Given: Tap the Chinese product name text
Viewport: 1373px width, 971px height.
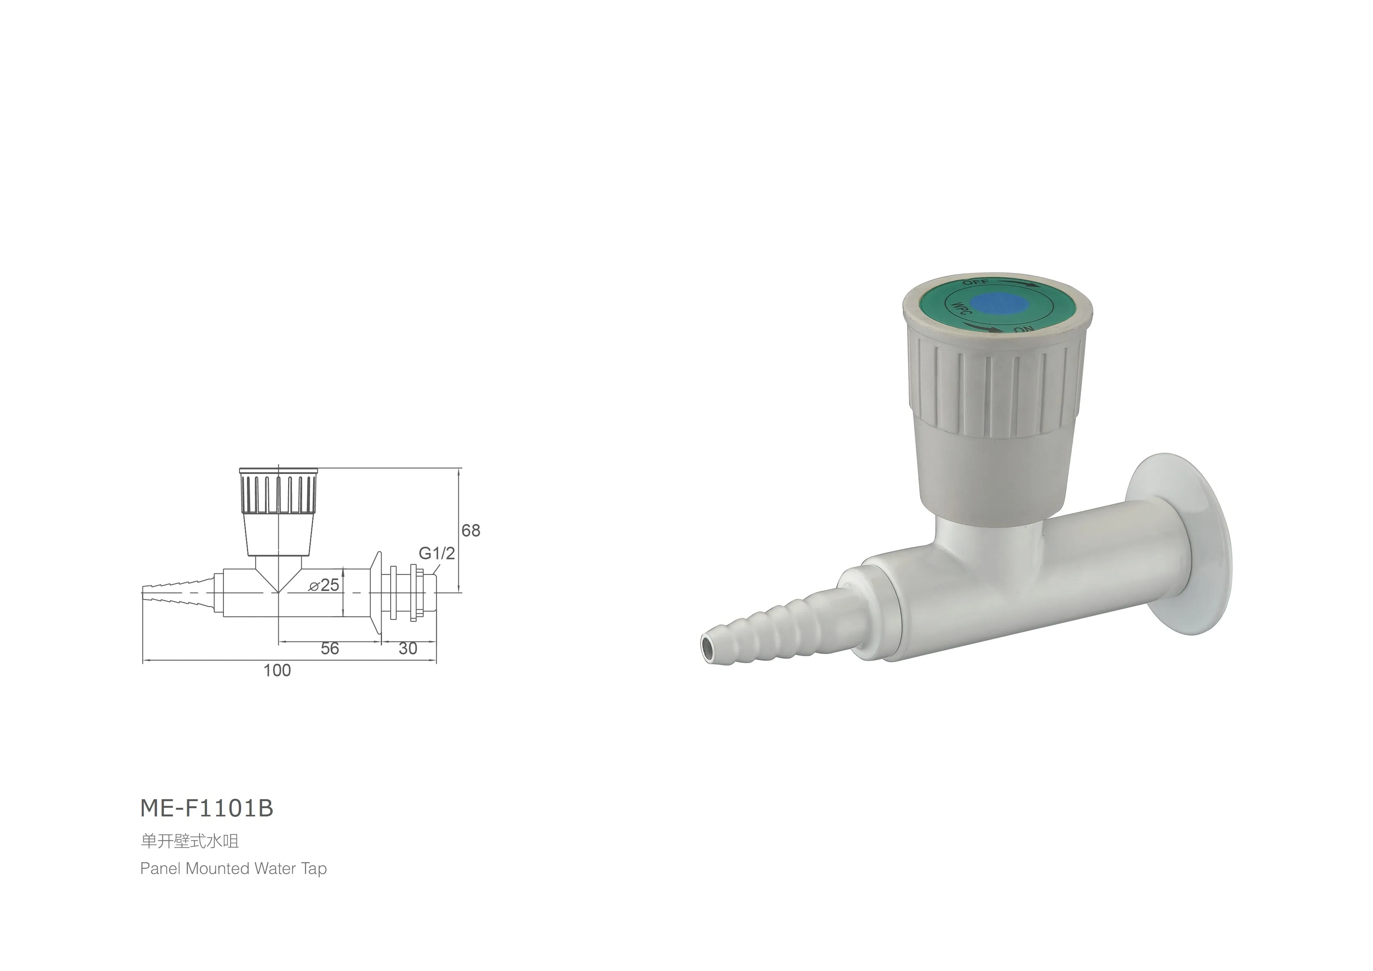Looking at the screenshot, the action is click(189, 841).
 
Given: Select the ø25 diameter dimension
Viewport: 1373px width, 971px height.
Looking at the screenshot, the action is click(324, 585).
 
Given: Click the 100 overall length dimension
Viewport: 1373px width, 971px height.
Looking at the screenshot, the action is click(277, 670).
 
